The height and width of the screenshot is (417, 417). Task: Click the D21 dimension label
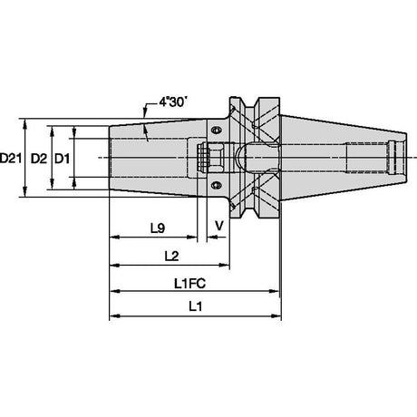coord(11,158)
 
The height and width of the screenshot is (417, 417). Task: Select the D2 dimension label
coord(39,159)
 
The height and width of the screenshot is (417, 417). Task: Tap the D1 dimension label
coord(62,159)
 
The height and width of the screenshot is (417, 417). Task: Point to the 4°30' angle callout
coord(171,102)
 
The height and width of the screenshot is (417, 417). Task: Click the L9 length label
coord(158,228)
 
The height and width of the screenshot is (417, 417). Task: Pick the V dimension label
coord(219,226)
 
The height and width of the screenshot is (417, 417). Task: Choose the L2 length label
coord(171,256)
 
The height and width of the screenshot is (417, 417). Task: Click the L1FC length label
coord(189,284)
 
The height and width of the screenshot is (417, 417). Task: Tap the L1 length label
coord(195,307)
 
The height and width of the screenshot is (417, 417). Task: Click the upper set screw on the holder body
coord(216,131)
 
